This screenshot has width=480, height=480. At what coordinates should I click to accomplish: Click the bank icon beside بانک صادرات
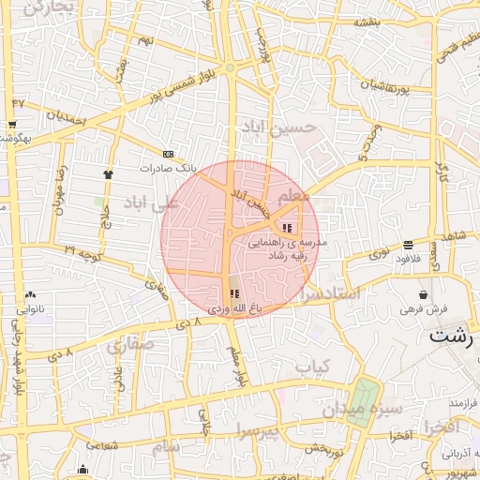(x=168, y=154)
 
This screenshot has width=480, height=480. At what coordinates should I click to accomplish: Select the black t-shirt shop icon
(x=108, y=173)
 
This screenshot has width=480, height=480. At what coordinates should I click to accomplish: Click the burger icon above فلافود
(x=408, y=246)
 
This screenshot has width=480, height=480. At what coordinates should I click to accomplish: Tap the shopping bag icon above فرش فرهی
(x=425, y=294)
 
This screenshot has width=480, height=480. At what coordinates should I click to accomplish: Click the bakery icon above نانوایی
(x=31, y=294)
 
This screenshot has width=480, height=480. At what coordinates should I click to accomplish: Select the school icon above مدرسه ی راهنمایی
(x=287, y=227)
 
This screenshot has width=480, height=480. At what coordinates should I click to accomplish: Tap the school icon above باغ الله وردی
(x=233, y=294)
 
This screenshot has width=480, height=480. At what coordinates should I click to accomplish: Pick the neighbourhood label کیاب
(x=313, y=367)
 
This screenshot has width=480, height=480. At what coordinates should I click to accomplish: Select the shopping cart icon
(x=11, y=125)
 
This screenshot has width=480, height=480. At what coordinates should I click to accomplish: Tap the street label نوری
(x=380, y=252)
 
